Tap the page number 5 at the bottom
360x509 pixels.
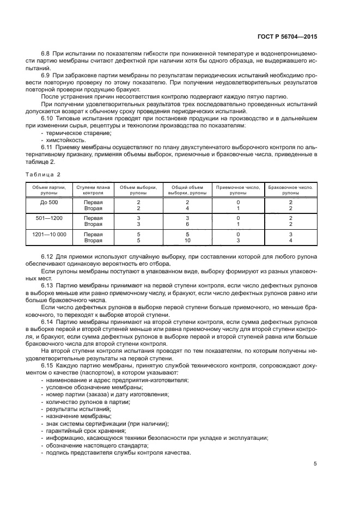(315, 464)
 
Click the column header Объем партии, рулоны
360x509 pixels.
(49, 190)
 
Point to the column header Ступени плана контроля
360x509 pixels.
(93, 190)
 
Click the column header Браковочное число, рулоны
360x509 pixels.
(290, 190)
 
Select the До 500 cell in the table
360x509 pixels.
(49, 202)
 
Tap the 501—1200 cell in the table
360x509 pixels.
(49, 218)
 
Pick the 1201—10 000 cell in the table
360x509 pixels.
(49, 234)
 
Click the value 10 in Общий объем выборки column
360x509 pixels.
(187, 240)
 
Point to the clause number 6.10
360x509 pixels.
(47, 118)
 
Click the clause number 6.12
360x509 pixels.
(47, 256)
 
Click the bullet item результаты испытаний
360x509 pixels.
(74, 408)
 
